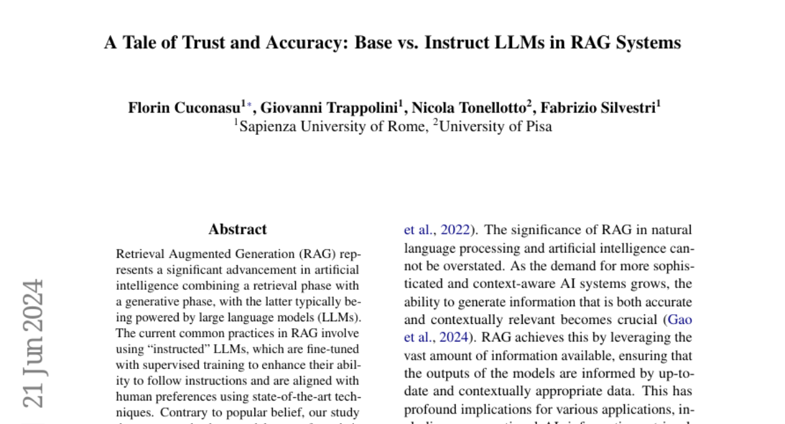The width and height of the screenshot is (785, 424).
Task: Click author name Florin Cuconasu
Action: tap(184, 108)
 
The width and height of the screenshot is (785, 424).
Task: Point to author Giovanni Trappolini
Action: tap(330, 108)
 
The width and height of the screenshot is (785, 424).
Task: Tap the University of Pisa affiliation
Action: tap(495, 126)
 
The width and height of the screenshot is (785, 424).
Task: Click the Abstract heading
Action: tap(237, 229)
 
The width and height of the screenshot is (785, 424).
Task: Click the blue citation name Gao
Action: tap(680, 320)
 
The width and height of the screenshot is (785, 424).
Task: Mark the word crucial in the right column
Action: tap(636, 320)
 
